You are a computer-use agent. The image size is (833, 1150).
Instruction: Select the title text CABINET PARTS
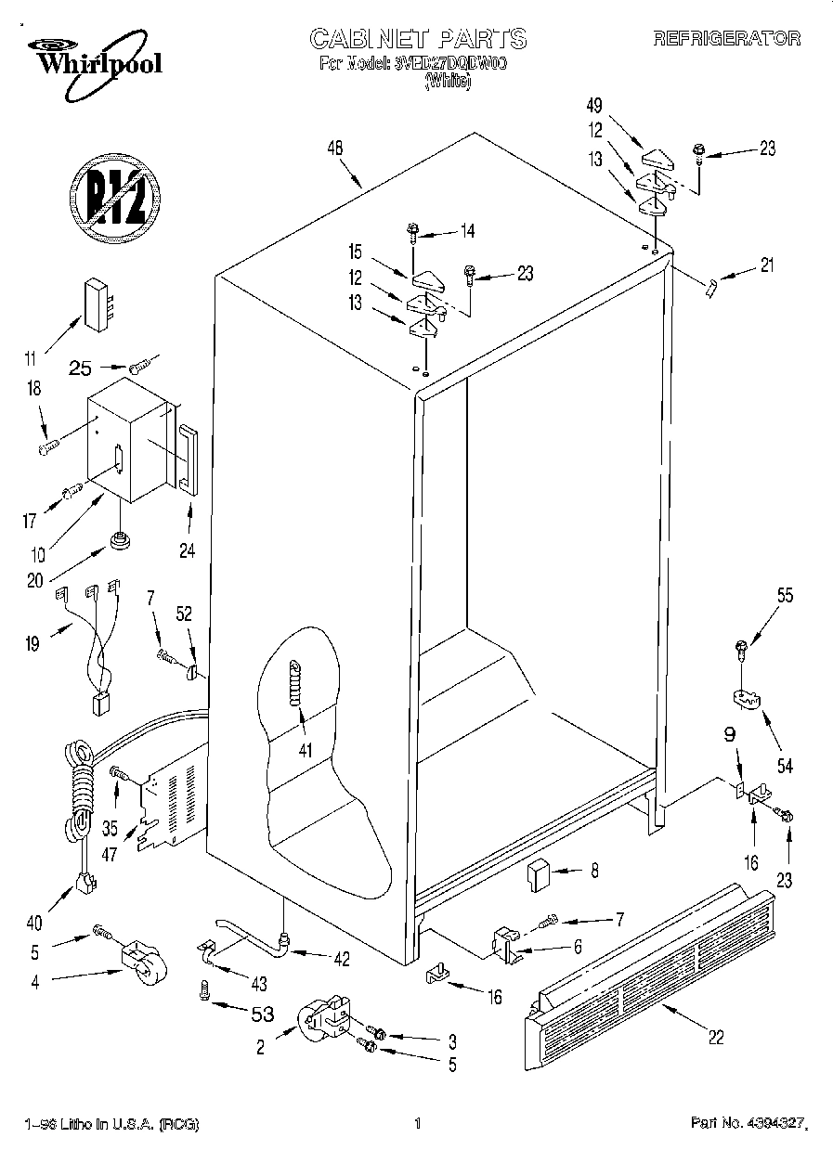click(x=417, y=38)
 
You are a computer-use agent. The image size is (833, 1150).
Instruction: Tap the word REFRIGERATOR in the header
click(x=727, y=38)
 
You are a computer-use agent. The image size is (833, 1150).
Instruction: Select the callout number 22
click(x=715, y=1038)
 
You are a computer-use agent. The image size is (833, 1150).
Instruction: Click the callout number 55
click(x=785, y=597)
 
